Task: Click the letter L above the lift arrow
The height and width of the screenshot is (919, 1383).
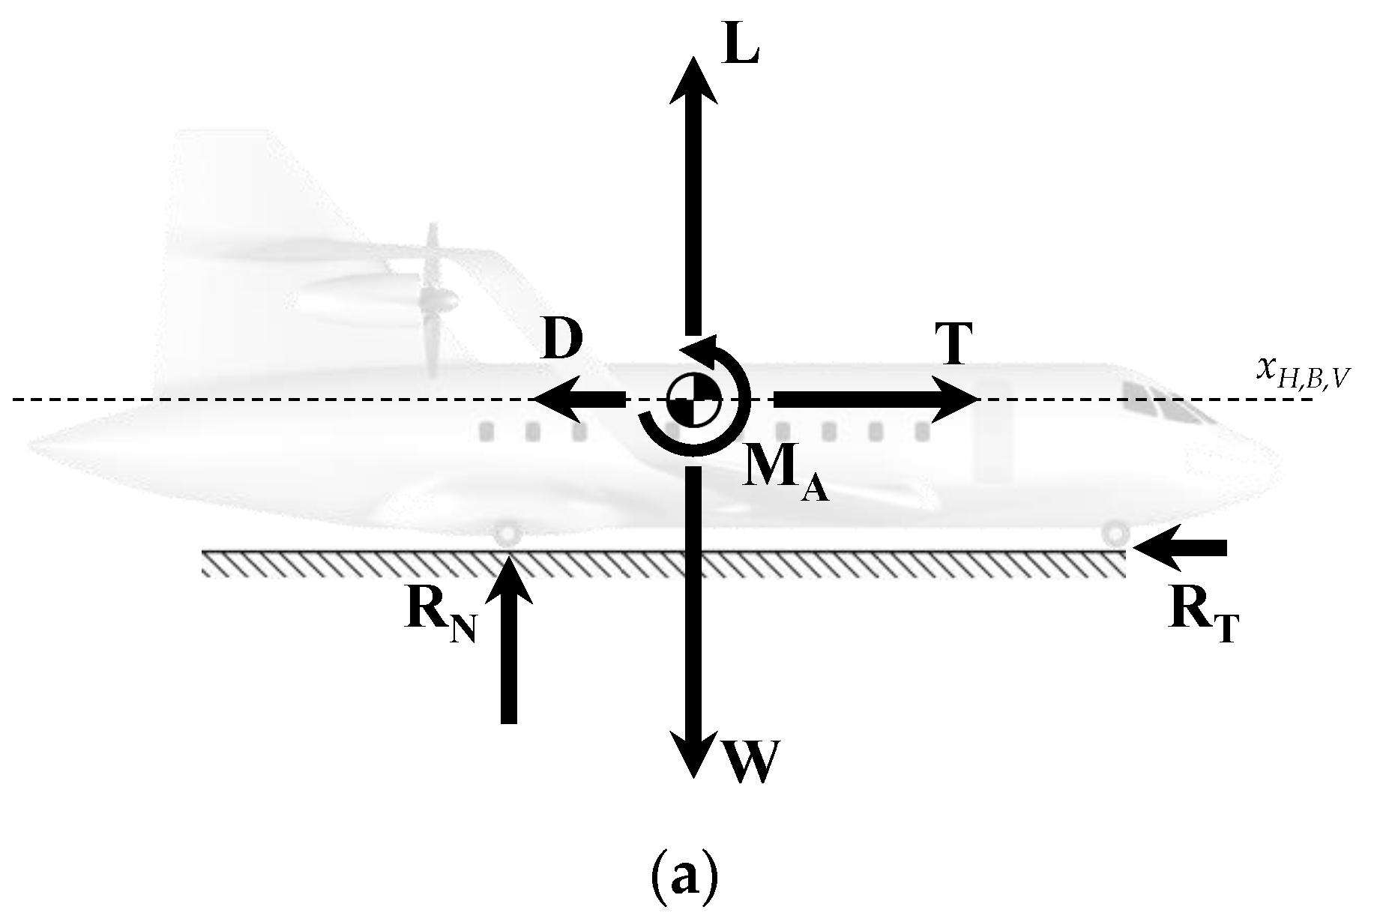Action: (x=742, y=47)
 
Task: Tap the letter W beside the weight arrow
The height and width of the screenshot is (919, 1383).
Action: (x=752, y=762)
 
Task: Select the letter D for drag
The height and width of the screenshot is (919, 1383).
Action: (x=563, y=342)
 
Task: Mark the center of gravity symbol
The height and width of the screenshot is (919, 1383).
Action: (x=693, y=400)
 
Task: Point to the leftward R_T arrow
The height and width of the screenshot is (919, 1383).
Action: (x=1181, y=549)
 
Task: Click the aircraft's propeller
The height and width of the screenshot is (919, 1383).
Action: (x=432, y=300)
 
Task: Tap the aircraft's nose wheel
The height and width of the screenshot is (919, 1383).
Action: (x=1115, y=534)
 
